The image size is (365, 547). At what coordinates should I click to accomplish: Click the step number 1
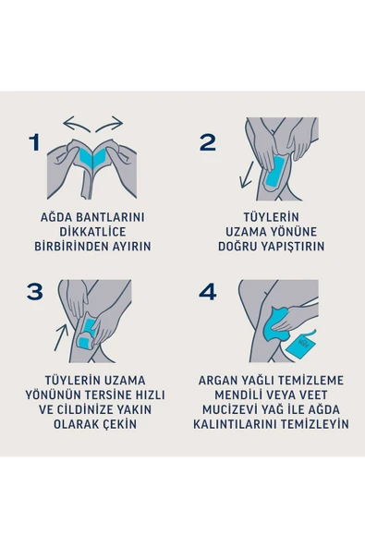click(x=34, y=143)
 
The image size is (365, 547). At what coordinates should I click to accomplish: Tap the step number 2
click(x=208, y=142)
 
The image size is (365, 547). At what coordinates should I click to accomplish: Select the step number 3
click(x=35, y=292)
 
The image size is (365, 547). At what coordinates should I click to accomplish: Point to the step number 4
click(x=208, y=292)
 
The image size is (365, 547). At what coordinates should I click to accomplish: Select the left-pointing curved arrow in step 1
click(x=74, y=123)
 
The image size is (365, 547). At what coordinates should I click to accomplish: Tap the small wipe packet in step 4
click(x=306, y=346)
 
